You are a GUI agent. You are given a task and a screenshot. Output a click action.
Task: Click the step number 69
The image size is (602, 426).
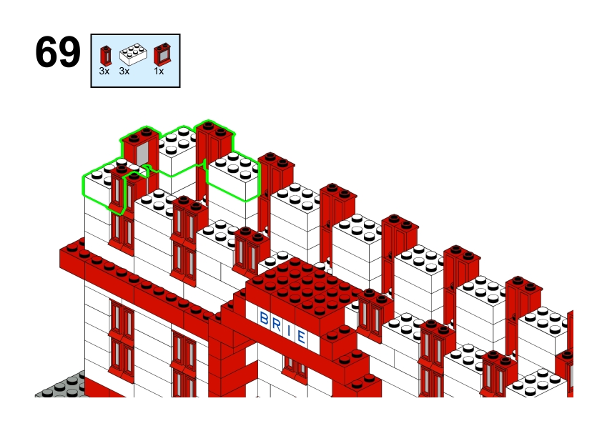tap(58, 52)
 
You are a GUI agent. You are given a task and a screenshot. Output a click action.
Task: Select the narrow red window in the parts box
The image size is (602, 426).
tap(106, 55)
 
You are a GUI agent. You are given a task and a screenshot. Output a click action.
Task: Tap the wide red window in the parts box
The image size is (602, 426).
tap(162, 54)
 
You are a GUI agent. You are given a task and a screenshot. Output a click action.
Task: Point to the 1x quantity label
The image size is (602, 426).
tap(159, 71)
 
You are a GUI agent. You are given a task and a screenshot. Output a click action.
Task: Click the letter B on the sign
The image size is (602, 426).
tap(264, 319)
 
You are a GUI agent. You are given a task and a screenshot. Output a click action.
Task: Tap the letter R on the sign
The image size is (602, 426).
tap(277, 325)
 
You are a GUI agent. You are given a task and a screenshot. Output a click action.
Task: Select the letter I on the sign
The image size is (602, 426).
tap(289, 331)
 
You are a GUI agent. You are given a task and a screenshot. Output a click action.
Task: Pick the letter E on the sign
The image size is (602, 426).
tap(301, 337)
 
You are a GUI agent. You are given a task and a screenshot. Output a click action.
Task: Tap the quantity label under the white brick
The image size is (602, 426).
tap(124, 71)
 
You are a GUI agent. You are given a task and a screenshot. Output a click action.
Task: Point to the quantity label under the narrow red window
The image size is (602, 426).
tap(104, 71)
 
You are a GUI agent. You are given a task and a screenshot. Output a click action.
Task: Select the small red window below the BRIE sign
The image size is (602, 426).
tap(295, 368)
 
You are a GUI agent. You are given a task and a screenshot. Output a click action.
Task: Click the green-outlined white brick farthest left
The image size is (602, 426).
tap(101, 184)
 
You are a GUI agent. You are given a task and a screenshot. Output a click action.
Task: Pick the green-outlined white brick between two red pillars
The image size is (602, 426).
tap(177, 152)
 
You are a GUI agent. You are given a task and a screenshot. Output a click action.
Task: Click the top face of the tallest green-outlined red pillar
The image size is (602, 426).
tap(214, 129)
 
